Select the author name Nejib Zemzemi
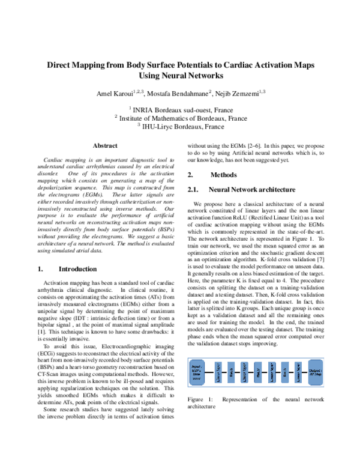(x=241, y=93)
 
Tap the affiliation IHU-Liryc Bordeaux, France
(x=182, y=127)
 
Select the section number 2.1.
(x=193, y=189)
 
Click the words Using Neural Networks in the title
(x=181, y=76)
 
